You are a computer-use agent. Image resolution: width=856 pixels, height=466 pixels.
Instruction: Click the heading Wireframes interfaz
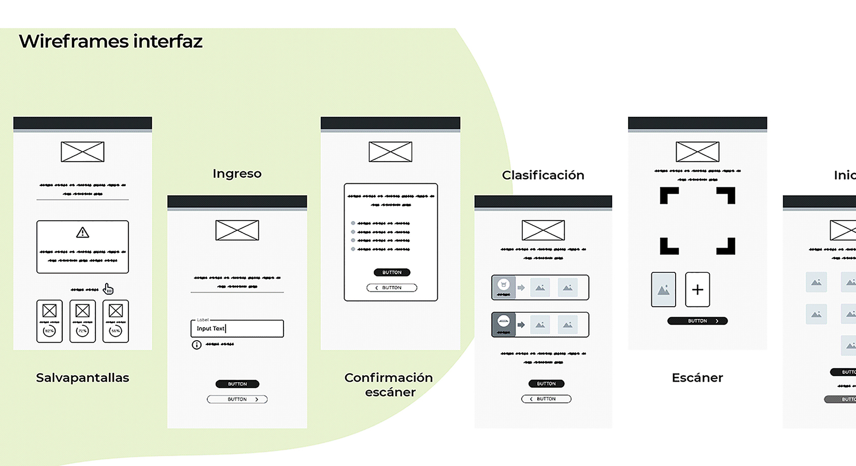[x=110, y=41]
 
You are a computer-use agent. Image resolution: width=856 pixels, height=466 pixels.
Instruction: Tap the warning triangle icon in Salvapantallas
[x=82, y=232]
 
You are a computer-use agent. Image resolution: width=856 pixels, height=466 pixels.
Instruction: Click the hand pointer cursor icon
[x=108, y=289]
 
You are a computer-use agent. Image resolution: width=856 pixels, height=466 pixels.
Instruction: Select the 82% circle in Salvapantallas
[x=49, y=331]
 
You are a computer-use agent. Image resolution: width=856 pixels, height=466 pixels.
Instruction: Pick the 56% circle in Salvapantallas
[x=116, y=331]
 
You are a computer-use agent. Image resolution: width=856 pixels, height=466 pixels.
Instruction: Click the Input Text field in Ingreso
[x=237, y=328]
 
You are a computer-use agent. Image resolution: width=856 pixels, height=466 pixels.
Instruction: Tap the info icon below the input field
[x=196, y=345]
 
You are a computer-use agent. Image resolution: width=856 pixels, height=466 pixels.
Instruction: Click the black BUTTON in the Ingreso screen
[x=237, y=384]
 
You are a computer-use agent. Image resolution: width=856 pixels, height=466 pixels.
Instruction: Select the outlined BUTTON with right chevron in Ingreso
[x=237, y=399]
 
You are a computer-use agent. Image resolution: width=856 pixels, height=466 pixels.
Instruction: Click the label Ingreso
[x=237, y=173]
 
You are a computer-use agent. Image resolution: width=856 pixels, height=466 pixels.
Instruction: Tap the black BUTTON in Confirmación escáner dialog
[x=392, y=272]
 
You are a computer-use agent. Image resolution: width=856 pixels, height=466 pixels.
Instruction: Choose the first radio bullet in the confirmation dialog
[x=353, y=223]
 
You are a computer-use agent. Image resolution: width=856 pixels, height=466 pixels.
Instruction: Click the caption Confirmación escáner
[x=389, y=384]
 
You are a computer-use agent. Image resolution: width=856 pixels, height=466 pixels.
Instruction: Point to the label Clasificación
[x=543, y=175]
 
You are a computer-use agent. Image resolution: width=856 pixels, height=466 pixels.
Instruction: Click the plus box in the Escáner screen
[x=697, y=289]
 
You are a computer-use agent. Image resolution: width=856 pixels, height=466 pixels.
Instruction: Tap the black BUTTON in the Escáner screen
[x=697, y=321]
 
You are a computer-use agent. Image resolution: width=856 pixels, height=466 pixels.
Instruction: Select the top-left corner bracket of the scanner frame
[x=668, y=195]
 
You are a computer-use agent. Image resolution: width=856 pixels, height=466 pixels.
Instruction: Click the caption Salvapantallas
[x=82, y=377]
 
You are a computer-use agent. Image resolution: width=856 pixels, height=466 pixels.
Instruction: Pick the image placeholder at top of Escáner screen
[x=697, y=152]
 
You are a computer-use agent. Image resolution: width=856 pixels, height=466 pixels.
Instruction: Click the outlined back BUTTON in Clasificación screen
[x=546, y=399]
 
